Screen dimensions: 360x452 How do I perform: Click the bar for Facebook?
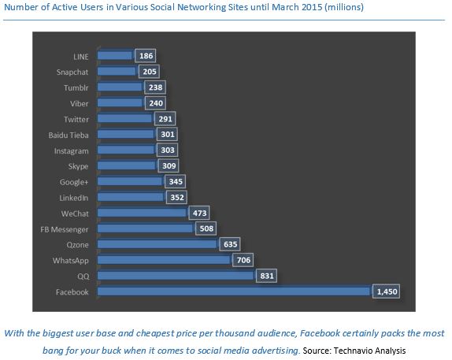pos(234,291)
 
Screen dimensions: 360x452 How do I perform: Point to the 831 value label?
pos(265,276)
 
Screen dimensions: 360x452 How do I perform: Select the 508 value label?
pos(205,228)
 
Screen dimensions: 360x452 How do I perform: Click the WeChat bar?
pos(143,213)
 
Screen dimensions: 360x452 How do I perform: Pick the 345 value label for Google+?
pos(173,181)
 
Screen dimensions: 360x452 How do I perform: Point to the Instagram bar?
pos(126,150)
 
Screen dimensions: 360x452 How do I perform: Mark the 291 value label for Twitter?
pos(164,118)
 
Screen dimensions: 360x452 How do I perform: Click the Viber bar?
pos(120,102)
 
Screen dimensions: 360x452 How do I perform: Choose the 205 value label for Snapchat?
pos(149,72)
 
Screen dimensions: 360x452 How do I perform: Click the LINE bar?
pos(116,56)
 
